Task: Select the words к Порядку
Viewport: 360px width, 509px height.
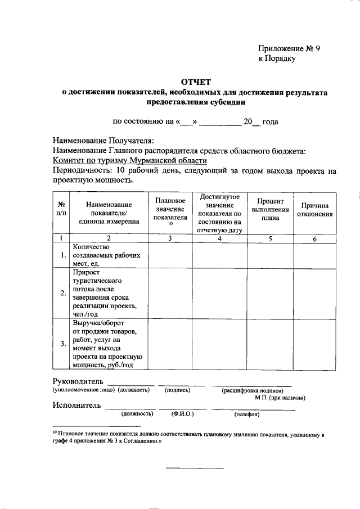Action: coord(277,58)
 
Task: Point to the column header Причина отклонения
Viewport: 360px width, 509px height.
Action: coord(315,210)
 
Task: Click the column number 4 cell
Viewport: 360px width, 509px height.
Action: coord(219,239)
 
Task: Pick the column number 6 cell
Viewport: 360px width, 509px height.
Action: coord(315,239)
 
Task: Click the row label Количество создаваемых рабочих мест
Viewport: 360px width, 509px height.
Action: coord(106,255)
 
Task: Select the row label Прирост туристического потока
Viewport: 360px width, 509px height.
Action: coord(106,292)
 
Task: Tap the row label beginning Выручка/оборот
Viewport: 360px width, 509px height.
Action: coord(106,344)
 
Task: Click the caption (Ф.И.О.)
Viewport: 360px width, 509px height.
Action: coord(182,414)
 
